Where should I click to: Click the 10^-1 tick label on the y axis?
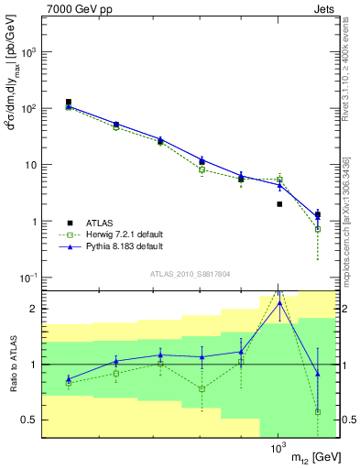point(27,278)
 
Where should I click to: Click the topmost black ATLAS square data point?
point(69,103)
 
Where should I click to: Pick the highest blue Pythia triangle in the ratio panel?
point(278,303)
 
